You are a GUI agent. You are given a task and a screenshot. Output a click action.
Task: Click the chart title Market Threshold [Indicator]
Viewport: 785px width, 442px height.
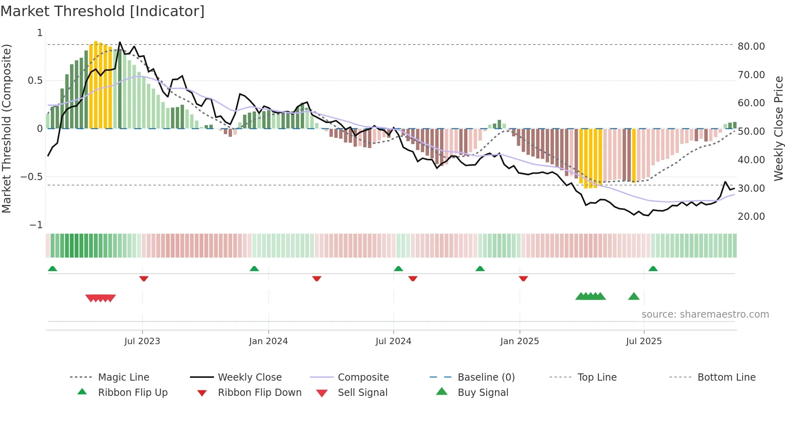pyautogui.click(x=103, y=11)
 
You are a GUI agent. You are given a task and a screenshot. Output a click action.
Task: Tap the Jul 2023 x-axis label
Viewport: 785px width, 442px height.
pyautogui.click(x=142, y=341)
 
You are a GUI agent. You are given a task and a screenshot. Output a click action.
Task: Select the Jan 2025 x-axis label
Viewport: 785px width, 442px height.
pyautogui.click(x=519, y=341)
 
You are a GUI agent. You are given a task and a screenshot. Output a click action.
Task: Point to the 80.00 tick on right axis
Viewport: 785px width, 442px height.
pyautogui.click(x=751, y=47)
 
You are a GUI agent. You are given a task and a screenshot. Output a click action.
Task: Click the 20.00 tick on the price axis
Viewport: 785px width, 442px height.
pyautogui.click(x=751, y=217)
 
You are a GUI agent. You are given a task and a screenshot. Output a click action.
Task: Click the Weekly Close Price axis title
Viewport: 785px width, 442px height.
pyautogui.click(x=778, y=128)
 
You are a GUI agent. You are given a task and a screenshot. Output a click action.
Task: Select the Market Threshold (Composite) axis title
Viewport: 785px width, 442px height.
pyautogui.click(x=6, y=128)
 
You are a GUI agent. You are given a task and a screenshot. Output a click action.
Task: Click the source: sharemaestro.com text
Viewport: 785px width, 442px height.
pyautogui.click(x=705, y=314)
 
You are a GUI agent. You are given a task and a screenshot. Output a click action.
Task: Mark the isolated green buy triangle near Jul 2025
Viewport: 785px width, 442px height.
pyautogui.click(x=634, y=297)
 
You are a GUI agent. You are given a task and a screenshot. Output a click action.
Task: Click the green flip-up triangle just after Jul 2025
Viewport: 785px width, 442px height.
pyautogui.click(x=653, y=269)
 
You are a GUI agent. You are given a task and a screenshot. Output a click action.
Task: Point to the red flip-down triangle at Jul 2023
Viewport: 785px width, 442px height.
pyautogui.click(x=144, y=279)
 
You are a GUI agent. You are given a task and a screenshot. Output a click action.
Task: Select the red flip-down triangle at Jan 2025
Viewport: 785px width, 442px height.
pyautogui.click(x=523, y=279)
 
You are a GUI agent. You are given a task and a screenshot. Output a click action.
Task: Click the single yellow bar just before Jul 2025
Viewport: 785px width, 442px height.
pyautogui.click(x=634, y=154)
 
